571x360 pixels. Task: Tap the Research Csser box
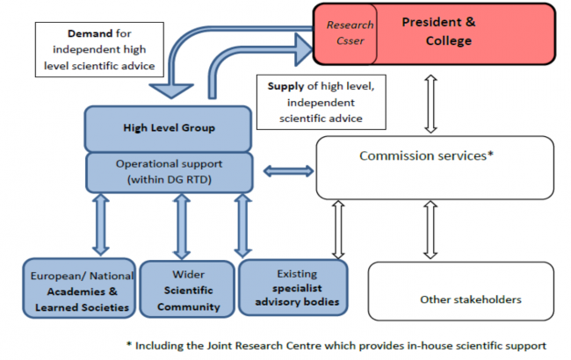pyautogui.click(x=349, y=32)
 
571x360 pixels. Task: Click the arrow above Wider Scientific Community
pyautogui.click(x=182, y=226)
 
